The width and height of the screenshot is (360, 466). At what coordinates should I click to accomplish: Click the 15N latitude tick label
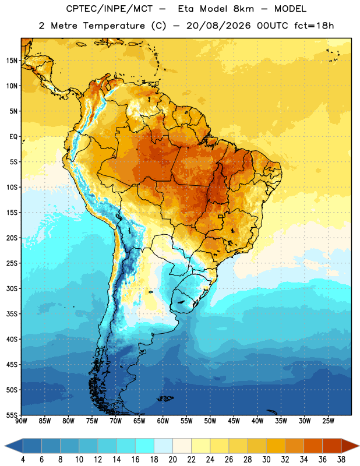click(12, 61)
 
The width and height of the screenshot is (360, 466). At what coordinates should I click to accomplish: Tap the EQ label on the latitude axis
click(13, 137)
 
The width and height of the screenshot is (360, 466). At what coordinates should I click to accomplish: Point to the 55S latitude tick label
click(12, 415)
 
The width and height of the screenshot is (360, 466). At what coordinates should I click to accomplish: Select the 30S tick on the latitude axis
click(12, 288)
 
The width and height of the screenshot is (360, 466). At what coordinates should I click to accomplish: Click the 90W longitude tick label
click(21, 421)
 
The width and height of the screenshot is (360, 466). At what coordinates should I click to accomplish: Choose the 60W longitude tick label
click(163, 421)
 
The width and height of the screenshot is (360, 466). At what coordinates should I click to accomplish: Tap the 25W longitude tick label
click(328, 421)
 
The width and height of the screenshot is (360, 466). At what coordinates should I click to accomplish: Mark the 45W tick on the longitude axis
click(234, 421)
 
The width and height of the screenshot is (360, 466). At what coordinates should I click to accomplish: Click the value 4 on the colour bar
click(23, 460)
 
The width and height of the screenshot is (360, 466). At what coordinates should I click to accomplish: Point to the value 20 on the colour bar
click(172, 460)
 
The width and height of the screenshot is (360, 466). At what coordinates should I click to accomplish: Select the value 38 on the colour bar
click(341, 460)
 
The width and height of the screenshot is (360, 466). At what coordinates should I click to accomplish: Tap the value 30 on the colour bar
click(266, 460)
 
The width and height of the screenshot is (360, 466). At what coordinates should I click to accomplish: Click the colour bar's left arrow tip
click(5, 446)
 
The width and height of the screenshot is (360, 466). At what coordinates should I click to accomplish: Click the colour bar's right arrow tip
click(359, 446)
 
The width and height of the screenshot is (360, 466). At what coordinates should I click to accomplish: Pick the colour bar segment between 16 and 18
click(144, 446)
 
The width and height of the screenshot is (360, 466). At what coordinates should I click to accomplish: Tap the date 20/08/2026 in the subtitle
click(218, 26)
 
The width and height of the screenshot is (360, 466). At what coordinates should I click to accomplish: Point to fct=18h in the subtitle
click(314, 26)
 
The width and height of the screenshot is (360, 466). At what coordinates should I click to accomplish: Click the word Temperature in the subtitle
click(114, 26)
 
